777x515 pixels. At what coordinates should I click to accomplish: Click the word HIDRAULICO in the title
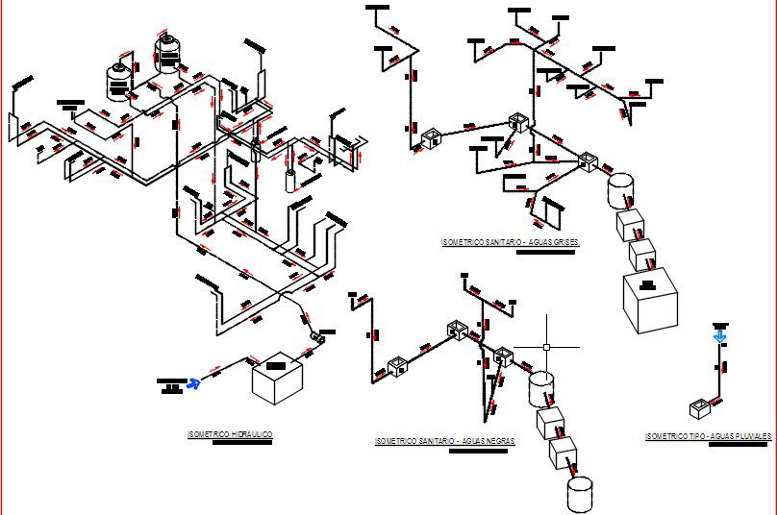pyautogui.click(x=249, y=435)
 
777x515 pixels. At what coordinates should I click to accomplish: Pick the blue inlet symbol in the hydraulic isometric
pyautogui.click(x=195, y=383)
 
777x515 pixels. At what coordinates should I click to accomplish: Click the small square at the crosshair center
pyautogui.click(x=547, y=347)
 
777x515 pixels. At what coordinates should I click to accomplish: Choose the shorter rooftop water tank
pyautogui.click(x=119, y=81)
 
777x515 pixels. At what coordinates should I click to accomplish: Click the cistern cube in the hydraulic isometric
pyautogui.click(x=277, y=380)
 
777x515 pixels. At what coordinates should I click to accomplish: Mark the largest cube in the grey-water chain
pyautogui.click(x=651, y=301)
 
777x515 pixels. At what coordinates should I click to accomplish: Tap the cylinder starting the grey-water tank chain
pyautogui.click(x=621, y=189)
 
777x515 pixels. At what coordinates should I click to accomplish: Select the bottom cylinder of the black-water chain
pyautogui.click(x=579, y=494)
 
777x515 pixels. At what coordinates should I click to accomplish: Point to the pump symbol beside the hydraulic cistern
pyautogui.click(x=318, y=337)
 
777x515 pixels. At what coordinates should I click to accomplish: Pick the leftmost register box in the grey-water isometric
pyautogui.click(x=429, y=138)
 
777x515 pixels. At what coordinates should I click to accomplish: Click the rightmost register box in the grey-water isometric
pyautogui.click(x=587, y=160)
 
